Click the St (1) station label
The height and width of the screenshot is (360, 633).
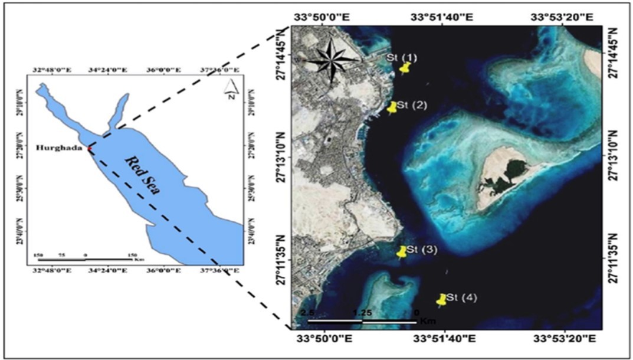tap(402, 57)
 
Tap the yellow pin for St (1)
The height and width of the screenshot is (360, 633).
tap(404, 68)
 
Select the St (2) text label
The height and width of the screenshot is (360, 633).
tap(411, 105)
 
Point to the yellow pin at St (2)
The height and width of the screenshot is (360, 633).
tap(392, 107)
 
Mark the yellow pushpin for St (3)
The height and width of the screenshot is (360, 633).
tap(402, 251)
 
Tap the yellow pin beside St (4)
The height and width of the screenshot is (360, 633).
tap(441, 299)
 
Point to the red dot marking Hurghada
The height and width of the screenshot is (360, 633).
tap(90, 148)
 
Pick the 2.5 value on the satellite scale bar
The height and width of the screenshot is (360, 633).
tap(308, 312)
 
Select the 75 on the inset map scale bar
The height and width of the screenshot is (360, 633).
tap(61, 255)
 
